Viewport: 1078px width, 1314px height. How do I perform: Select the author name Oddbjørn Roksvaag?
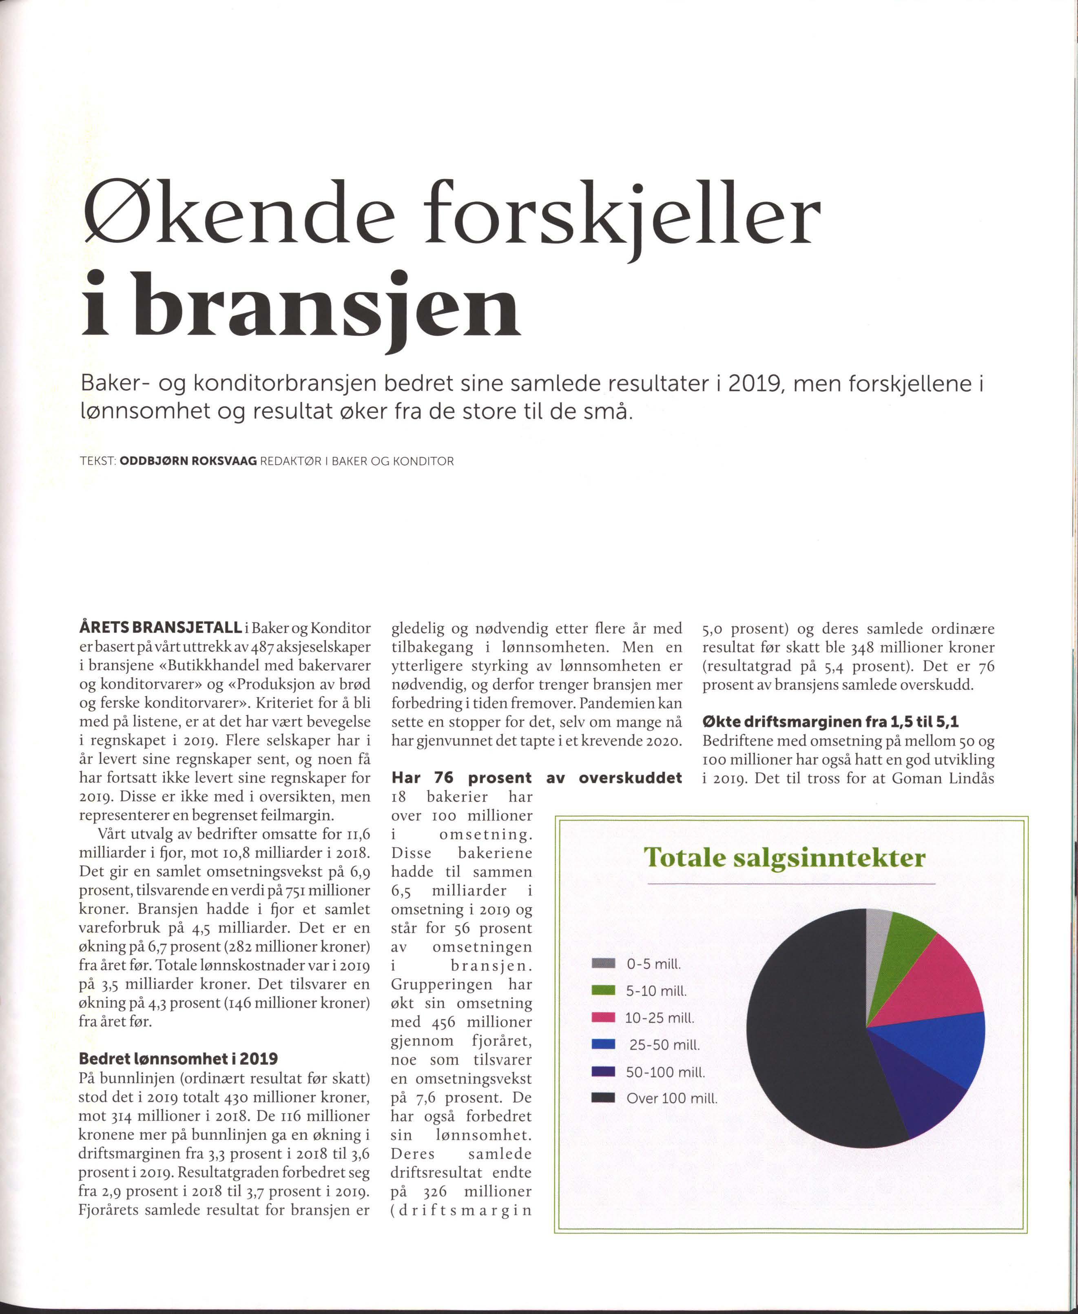coord(188,461)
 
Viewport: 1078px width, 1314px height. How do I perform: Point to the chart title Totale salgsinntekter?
coord(785,858)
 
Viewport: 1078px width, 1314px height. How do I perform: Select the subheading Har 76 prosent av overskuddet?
coord(536,778)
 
